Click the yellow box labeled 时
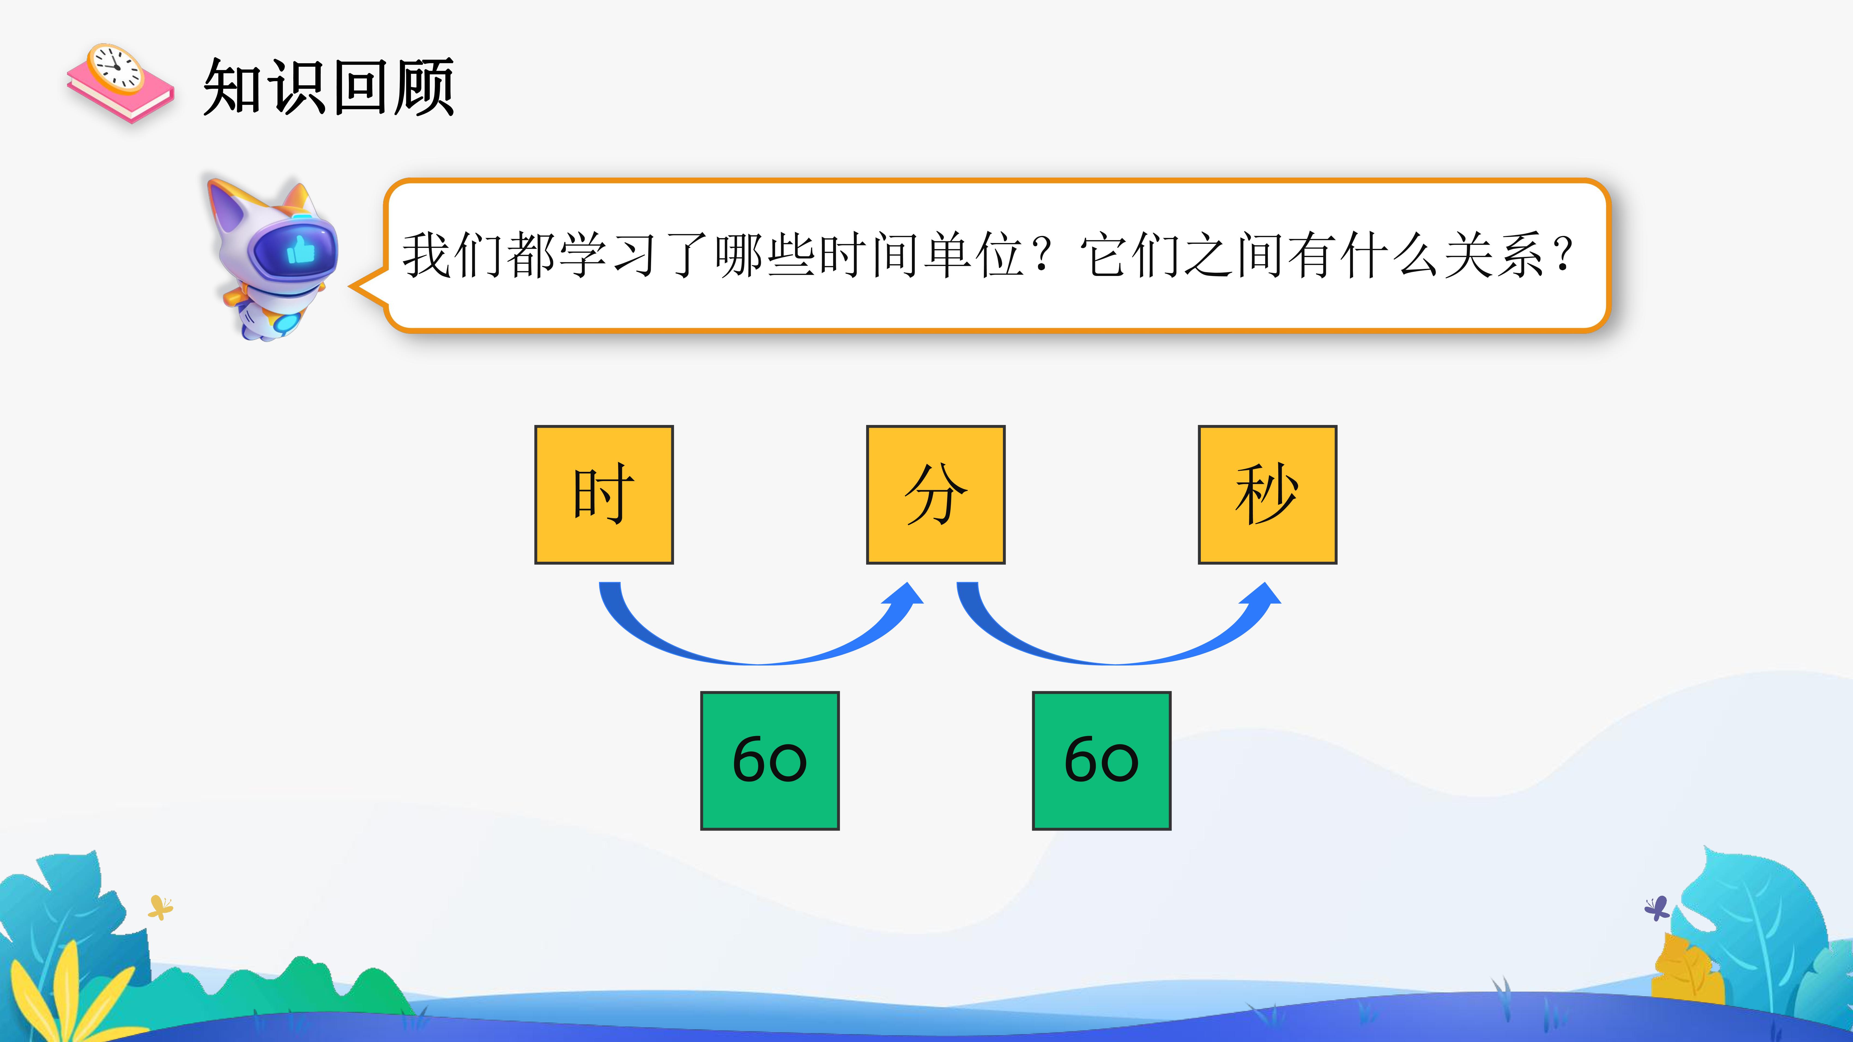click(x=603, y=495)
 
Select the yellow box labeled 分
click(x=935, y=495)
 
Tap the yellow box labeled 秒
click(x=1267, y=495)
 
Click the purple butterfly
click(x=1656, y=908)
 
